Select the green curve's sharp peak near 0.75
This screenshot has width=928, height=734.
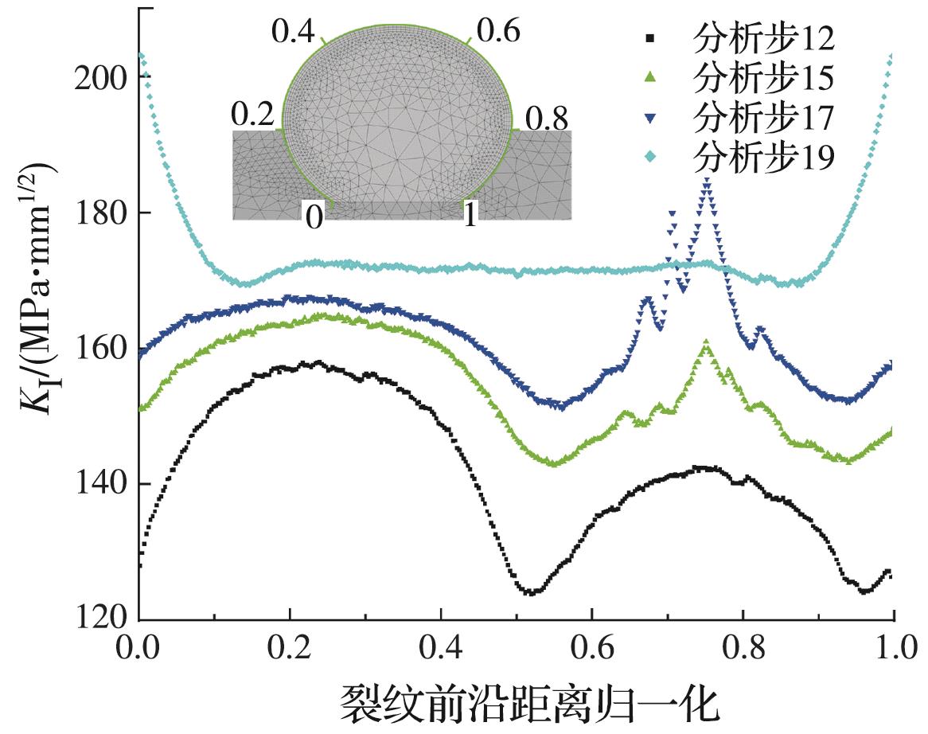tap(706, 344)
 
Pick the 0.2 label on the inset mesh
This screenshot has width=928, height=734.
tap(253, 117)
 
